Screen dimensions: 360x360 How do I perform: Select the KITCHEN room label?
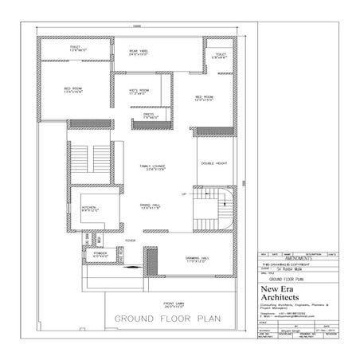[88, 207]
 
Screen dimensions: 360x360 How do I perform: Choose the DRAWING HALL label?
[197, 260]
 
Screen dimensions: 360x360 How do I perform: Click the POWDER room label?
[100, 255]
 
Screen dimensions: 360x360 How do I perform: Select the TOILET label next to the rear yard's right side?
[219, 56]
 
